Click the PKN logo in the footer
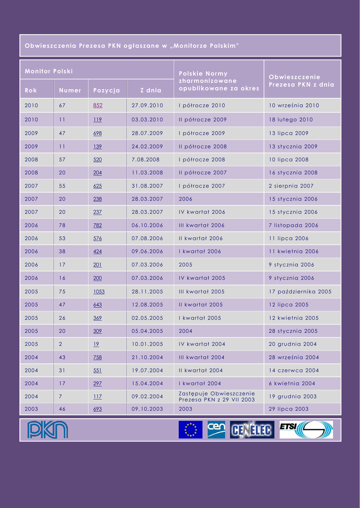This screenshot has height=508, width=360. click(x=48, y=430)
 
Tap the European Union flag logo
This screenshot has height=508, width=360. click(x=191, y=430)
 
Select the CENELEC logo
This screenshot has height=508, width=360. click(x=252, y=430)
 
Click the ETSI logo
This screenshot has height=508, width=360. click(x=306, y=430)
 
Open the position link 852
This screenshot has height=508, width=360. click(x=98, y=105)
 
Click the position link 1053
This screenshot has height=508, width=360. click(x=99, y=292)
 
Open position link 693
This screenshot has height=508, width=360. click(x=98, y=409)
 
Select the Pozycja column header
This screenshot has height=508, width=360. click(x=106, y=90)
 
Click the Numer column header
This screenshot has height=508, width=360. click(x=70, y=90)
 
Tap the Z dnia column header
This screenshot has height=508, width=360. click(x=150, y=90)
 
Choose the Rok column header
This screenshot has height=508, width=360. click(x=31, y=90)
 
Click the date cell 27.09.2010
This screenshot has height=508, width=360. click(x=147, y=105)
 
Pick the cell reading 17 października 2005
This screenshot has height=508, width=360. click(x=300, y=292)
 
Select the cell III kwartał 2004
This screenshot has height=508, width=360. click(x=202, y=357)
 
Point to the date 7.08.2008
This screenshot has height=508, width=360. click(x=145, y=160)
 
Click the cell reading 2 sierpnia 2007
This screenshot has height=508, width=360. click(x=291, y=186)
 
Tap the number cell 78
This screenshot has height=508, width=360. click(x=62, y=225)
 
